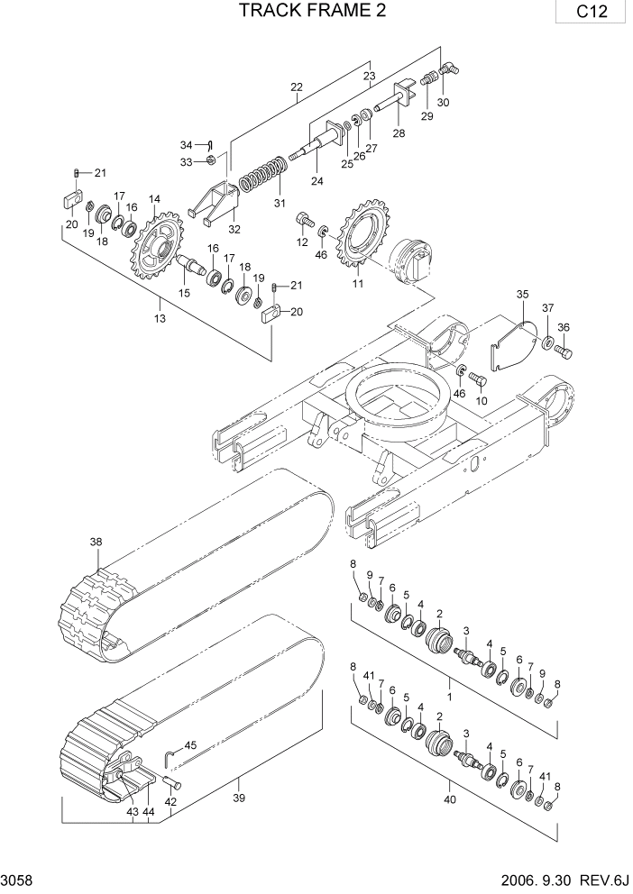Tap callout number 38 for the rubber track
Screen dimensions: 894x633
click(x=96, y=542)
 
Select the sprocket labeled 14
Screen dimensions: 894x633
click(x=159, y=247)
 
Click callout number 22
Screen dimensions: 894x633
click(x=297, y=87)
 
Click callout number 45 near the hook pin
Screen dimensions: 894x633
click(x=189, y=745)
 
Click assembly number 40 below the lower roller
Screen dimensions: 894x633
click(x=451, y=798)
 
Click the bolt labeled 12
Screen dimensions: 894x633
click(x=304, y=218)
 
